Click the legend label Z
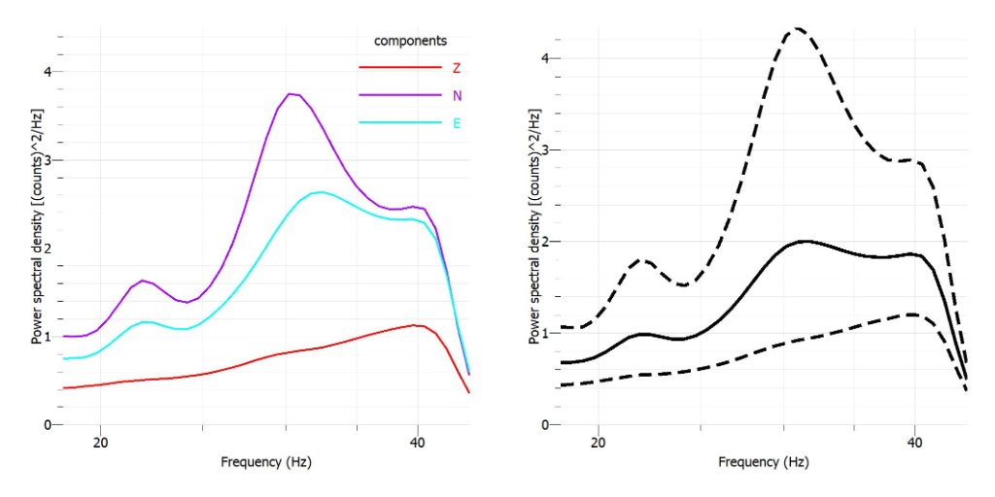pos(457,68)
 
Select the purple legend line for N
pos(399,95)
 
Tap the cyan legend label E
pos(457,123)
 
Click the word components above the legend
pos(410,41)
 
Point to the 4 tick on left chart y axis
pos(47,72)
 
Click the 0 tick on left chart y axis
pos(47,425)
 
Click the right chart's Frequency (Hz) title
pos(764,463)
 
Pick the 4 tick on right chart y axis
pos(546,58)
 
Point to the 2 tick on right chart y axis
pos(546,242)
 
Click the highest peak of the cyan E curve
pos(321,191)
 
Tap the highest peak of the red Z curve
pos(415,325)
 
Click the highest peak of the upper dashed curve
pos(797,28)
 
